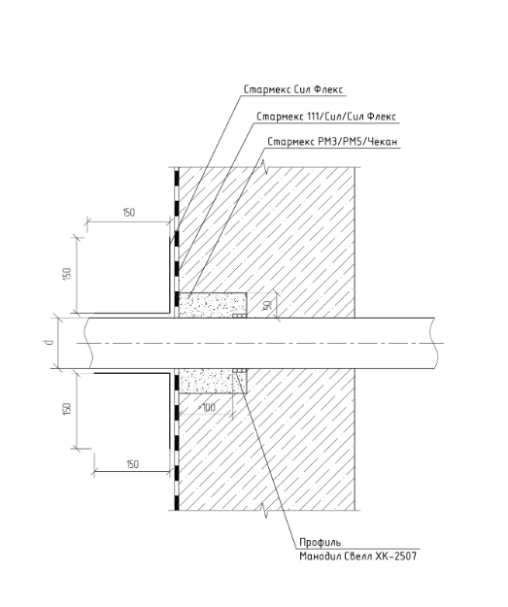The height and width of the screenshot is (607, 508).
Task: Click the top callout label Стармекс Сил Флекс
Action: coord(293,89)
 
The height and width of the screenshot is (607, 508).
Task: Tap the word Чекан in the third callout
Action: coord(382,142)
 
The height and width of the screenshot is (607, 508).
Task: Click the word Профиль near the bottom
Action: coord(321,542)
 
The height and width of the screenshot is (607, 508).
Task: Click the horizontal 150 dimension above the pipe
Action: coord(128,213)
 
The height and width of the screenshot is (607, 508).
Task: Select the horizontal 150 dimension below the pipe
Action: coord(132,464)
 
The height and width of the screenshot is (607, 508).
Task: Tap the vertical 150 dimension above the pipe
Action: coord(67,274)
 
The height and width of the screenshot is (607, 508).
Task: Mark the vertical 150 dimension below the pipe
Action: coord(67,409)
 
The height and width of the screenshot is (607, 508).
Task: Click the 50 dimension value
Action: coord(266,305)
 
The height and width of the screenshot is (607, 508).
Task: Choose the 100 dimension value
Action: coord(207,408)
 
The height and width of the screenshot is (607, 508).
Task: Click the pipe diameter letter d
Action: coord(48,343)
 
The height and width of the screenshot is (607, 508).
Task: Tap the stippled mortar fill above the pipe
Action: coord(212,305)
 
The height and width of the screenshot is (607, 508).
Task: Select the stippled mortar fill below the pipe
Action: coord(207,381)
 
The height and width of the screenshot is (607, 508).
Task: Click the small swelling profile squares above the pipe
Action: coord(239,316)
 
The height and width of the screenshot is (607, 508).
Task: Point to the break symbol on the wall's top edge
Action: coord(265,166)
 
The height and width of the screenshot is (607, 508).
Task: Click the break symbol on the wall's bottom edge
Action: coord(265,510)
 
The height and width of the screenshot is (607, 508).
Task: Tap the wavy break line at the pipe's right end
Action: coord(434,343)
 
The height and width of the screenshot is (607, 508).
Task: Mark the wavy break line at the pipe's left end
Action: coord(88,343)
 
